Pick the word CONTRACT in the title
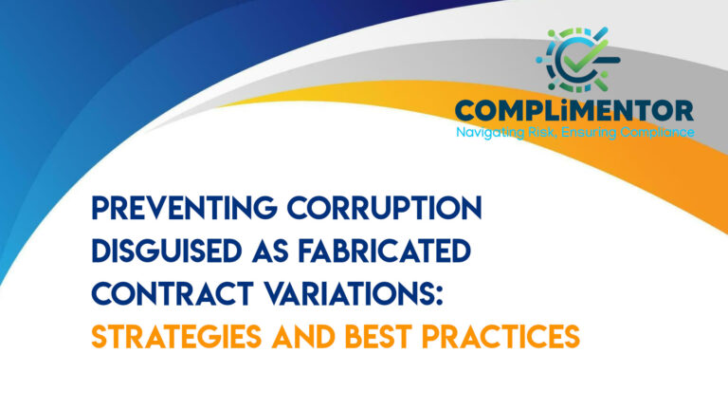point(160,295)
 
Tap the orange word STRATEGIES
point(177,338)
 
